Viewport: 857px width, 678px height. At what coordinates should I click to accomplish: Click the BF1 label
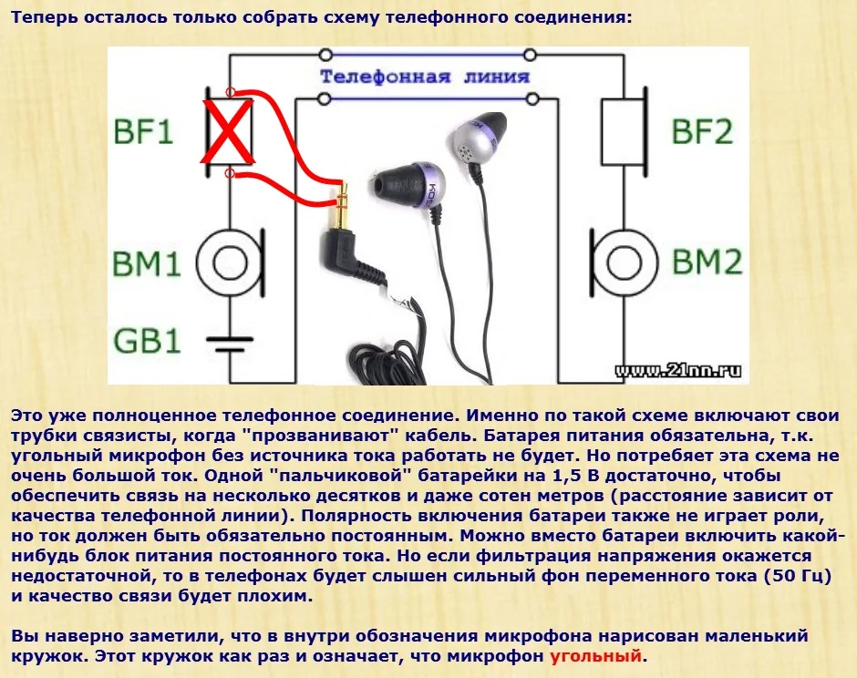[x=143, y=131]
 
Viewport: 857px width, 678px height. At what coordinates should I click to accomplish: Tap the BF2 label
[x=702, y=131]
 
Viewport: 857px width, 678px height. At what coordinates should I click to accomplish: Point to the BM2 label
[x=707, y=261]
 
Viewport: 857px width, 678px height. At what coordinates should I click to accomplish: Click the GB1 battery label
[x=147, y=340]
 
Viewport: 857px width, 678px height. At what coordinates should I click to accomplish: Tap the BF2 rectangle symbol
[x=623, y=131]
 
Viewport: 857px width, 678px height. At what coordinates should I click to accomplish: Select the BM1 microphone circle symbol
[x=229, y=262]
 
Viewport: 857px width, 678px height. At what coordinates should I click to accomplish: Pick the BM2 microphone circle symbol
[x=625, y=262]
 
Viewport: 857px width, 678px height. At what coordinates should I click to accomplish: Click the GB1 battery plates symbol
[x=230, y=344]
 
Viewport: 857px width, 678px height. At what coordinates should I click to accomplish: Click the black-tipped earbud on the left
[x=408, y=186]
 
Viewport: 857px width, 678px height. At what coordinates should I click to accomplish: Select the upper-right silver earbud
[x=477, y=139]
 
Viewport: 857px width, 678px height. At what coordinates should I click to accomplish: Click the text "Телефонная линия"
[x=425, y=77]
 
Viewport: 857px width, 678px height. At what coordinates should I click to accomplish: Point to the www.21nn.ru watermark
[x=678, y=371]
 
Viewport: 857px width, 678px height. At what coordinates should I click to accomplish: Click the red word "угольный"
[x=595, y=655]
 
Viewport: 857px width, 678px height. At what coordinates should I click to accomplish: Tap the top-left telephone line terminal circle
[x=325, y=55]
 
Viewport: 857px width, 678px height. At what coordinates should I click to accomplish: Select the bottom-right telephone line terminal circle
[x=532, y=99]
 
